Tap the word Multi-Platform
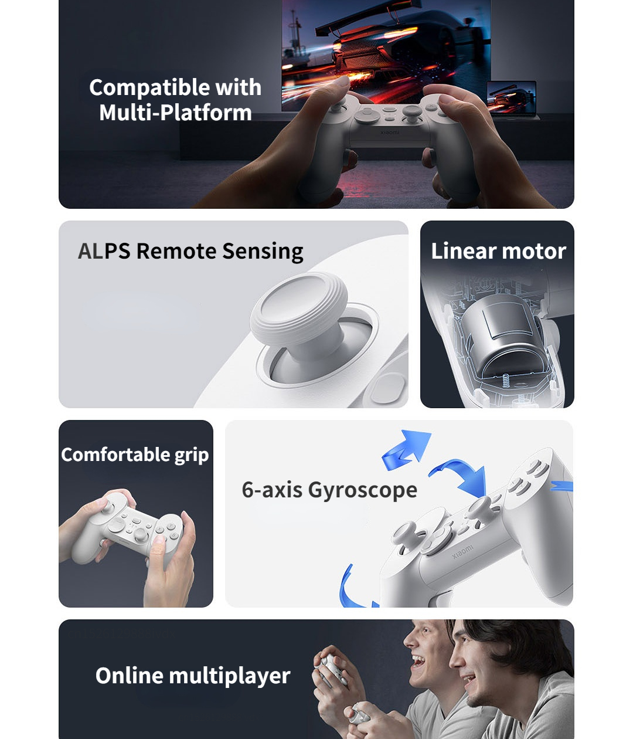click(175, 113)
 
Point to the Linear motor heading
click(498, 251)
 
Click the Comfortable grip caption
click(135, 455)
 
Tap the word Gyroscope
click(362, 490)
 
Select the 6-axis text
click(272, 490)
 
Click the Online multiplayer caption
click(193, 676)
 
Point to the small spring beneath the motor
click(505, 380)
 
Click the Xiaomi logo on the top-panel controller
click(389, 133)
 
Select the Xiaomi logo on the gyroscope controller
click(462, 552)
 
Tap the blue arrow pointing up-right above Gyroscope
click(407, 450)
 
